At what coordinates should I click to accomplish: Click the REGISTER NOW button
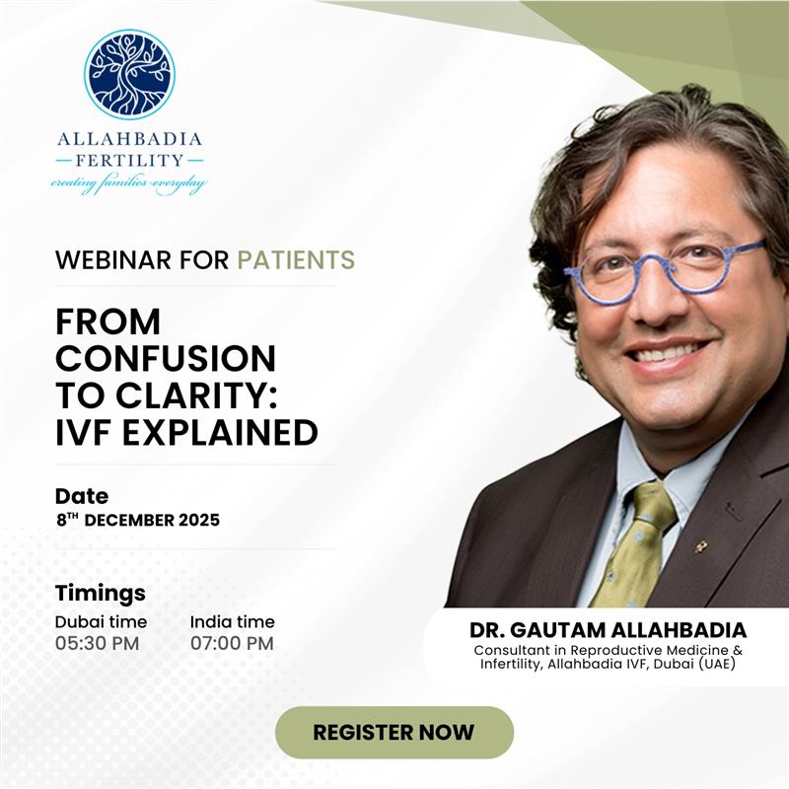pos(394,733)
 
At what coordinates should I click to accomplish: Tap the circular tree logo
pos(129,74)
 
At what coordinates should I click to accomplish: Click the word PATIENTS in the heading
pos(296,260)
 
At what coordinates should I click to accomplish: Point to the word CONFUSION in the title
pos(166,358)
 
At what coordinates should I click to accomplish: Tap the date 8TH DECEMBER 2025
pos(137,520)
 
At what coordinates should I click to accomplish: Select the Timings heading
pos(101,593)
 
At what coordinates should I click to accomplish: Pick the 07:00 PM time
pos(232,644)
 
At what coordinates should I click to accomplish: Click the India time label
pos(233,621)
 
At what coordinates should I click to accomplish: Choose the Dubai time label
pos(101,621)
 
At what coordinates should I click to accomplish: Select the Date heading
pos(82,496)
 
